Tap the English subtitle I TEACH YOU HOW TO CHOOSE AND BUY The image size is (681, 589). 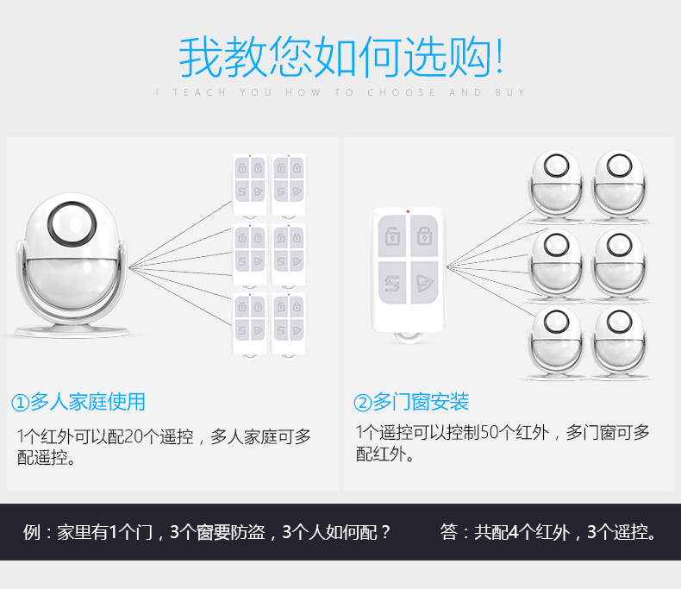(340, 92)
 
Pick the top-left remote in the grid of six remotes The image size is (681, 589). (250, 184)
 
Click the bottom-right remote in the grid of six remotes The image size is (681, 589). (289, 324)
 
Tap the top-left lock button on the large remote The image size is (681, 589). (392, 234)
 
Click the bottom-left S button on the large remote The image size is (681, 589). (392, 282)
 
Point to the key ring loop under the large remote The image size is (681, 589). (408, 337)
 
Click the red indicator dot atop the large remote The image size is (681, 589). (408, 210)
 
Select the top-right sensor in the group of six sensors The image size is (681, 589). (619, 183)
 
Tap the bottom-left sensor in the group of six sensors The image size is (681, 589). (553, 341)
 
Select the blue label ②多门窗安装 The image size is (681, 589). (411, 402)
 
